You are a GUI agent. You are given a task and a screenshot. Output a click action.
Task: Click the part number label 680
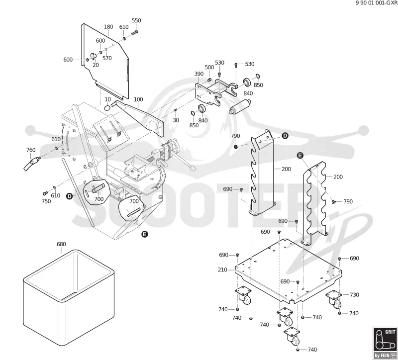(61, 244)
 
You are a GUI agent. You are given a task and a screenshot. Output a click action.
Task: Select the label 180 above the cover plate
(108, 27)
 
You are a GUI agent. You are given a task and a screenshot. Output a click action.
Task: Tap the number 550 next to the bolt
(136, 20)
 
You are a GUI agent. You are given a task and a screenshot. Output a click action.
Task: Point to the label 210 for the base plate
(222, 270)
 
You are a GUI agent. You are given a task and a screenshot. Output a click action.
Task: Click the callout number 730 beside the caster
(354, 294)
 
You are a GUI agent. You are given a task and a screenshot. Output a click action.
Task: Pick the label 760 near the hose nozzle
(31, 150)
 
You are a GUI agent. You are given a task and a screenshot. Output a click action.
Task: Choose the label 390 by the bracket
(199, 74)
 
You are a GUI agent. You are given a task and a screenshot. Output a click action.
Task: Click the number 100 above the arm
(138, 99)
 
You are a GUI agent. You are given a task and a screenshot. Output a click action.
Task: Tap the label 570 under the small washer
(107, 58)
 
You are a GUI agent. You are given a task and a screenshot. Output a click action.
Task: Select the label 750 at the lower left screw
(46, 201)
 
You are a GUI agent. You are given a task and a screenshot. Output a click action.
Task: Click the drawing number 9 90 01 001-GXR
(377, 3)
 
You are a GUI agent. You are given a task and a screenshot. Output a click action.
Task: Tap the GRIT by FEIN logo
(385, 343)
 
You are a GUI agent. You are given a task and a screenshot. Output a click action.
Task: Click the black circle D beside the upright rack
(285, 136)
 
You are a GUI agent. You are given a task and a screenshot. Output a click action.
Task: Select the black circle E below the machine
(144, 234)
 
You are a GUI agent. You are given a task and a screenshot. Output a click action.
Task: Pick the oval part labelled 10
(107, 107)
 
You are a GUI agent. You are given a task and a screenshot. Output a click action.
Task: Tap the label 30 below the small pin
(176, 120)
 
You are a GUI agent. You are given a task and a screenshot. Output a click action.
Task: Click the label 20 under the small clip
(96, 65)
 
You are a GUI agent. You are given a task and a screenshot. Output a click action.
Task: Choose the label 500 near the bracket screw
(209, 67)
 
